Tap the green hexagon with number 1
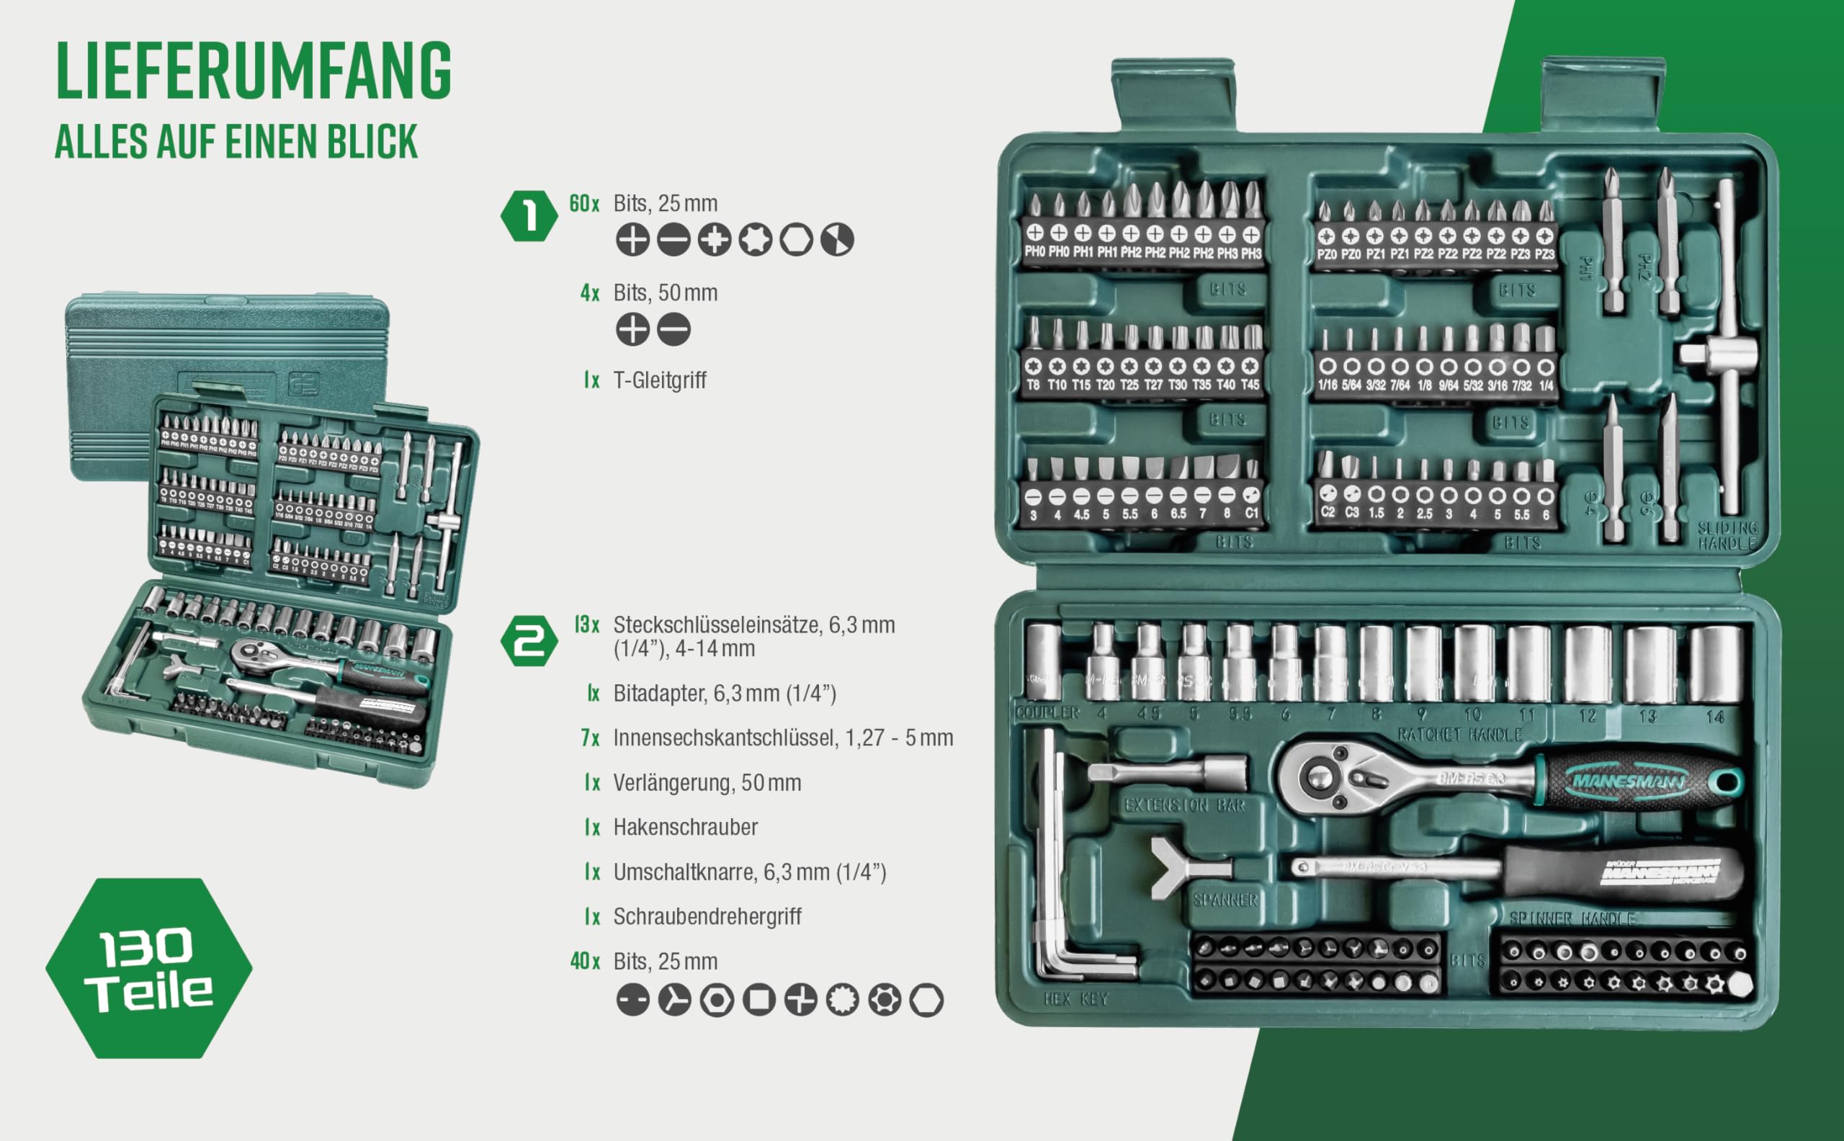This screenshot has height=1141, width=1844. [x=529, y=216]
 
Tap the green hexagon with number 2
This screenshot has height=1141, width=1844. [x=529, y=640]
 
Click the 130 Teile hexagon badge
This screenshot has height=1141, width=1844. [x=149, y=968]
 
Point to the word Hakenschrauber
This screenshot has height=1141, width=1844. [x=685, y=827]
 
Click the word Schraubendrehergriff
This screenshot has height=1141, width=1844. [x=707, y=917]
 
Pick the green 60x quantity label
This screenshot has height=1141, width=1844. [x=584, y=204]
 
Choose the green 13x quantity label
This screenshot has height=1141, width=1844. [x=586, y=625]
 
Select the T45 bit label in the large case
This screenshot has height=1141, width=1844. [x=1250, y=385]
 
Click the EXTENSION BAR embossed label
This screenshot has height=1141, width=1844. [x=1185, y=806]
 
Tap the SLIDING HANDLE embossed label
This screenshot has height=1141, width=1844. [x=1727, y=535]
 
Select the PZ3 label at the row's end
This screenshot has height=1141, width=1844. [x=1544, y=254]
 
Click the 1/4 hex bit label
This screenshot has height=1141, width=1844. [x=1546, y=385]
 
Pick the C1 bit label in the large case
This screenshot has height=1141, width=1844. [x=1251, y=513]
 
